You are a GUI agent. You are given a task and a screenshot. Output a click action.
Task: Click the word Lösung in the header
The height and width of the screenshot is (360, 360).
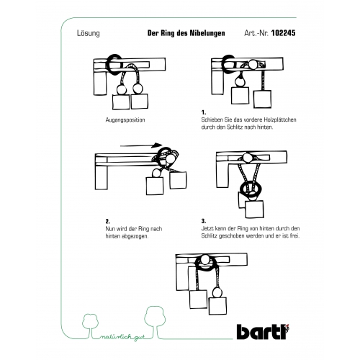click(x=88, y=33)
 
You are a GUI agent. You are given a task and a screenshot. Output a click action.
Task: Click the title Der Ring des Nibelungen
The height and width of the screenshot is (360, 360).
click(x=186, y=33)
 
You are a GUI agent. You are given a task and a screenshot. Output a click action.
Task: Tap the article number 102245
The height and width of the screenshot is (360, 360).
click(x=283, y=33)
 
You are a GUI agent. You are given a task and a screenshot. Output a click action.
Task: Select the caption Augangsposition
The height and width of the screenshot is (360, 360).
click(x=125, y=120)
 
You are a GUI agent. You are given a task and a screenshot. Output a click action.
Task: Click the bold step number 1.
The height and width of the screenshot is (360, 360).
click(x=204, y=112)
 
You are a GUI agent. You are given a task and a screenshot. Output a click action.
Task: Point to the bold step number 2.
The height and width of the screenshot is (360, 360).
click(x=108, y=221)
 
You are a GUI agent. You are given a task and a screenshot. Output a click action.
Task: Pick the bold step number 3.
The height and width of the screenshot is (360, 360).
click(x=204, y=221)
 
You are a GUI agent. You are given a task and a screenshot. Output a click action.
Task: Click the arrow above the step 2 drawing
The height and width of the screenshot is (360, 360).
click(x=141, y=145)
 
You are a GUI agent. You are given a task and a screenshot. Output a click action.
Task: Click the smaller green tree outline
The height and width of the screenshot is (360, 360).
click(x=91, y=325)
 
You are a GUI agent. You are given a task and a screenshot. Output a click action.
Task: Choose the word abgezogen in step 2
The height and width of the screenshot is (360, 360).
click(x=135, y=236)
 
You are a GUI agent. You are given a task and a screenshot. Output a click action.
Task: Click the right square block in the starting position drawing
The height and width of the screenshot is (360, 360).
click(x=140, y=102)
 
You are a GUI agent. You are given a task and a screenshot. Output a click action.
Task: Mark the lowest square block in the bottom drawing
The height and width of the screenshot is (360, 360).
click(x=217, y=306)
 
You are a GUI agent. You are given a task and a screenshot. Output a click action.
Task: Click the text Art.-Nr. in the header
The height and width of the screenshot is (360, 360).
click(x=256, y=33)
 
